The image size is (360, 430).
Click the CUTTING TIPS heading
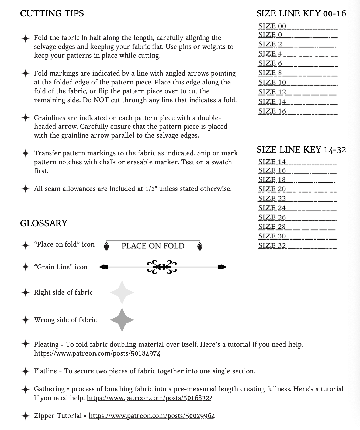[x=52, y=13]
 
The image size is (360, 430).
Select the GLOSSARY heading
[x=44, y=223]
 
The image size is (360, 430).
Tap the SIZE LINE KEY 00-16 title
[x=301, y=13]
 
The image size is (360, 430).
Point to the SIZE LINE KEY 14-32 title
[x=301, y=150]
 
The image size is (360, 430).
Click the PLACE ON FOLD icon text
[x=153, y=246]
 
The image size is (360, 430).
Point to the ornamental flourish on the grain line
[x=162, y=267]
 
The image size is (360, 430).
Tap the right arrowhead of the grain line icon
[x=222, y=267]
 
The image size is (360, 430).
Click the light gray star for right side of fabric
[x=122, y=292]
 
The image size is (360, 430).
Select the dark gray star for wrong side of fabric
[x=122, y=320]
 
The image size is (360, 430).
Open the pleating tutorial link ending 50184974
[x=97, y=353]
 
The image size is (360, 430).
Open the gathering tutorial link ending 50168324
[x=150, y=398]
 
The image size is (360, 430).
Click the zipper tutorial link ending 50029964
[x=152, y=416]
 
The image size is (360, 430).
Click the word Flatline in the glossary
[x=45, y=371]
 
